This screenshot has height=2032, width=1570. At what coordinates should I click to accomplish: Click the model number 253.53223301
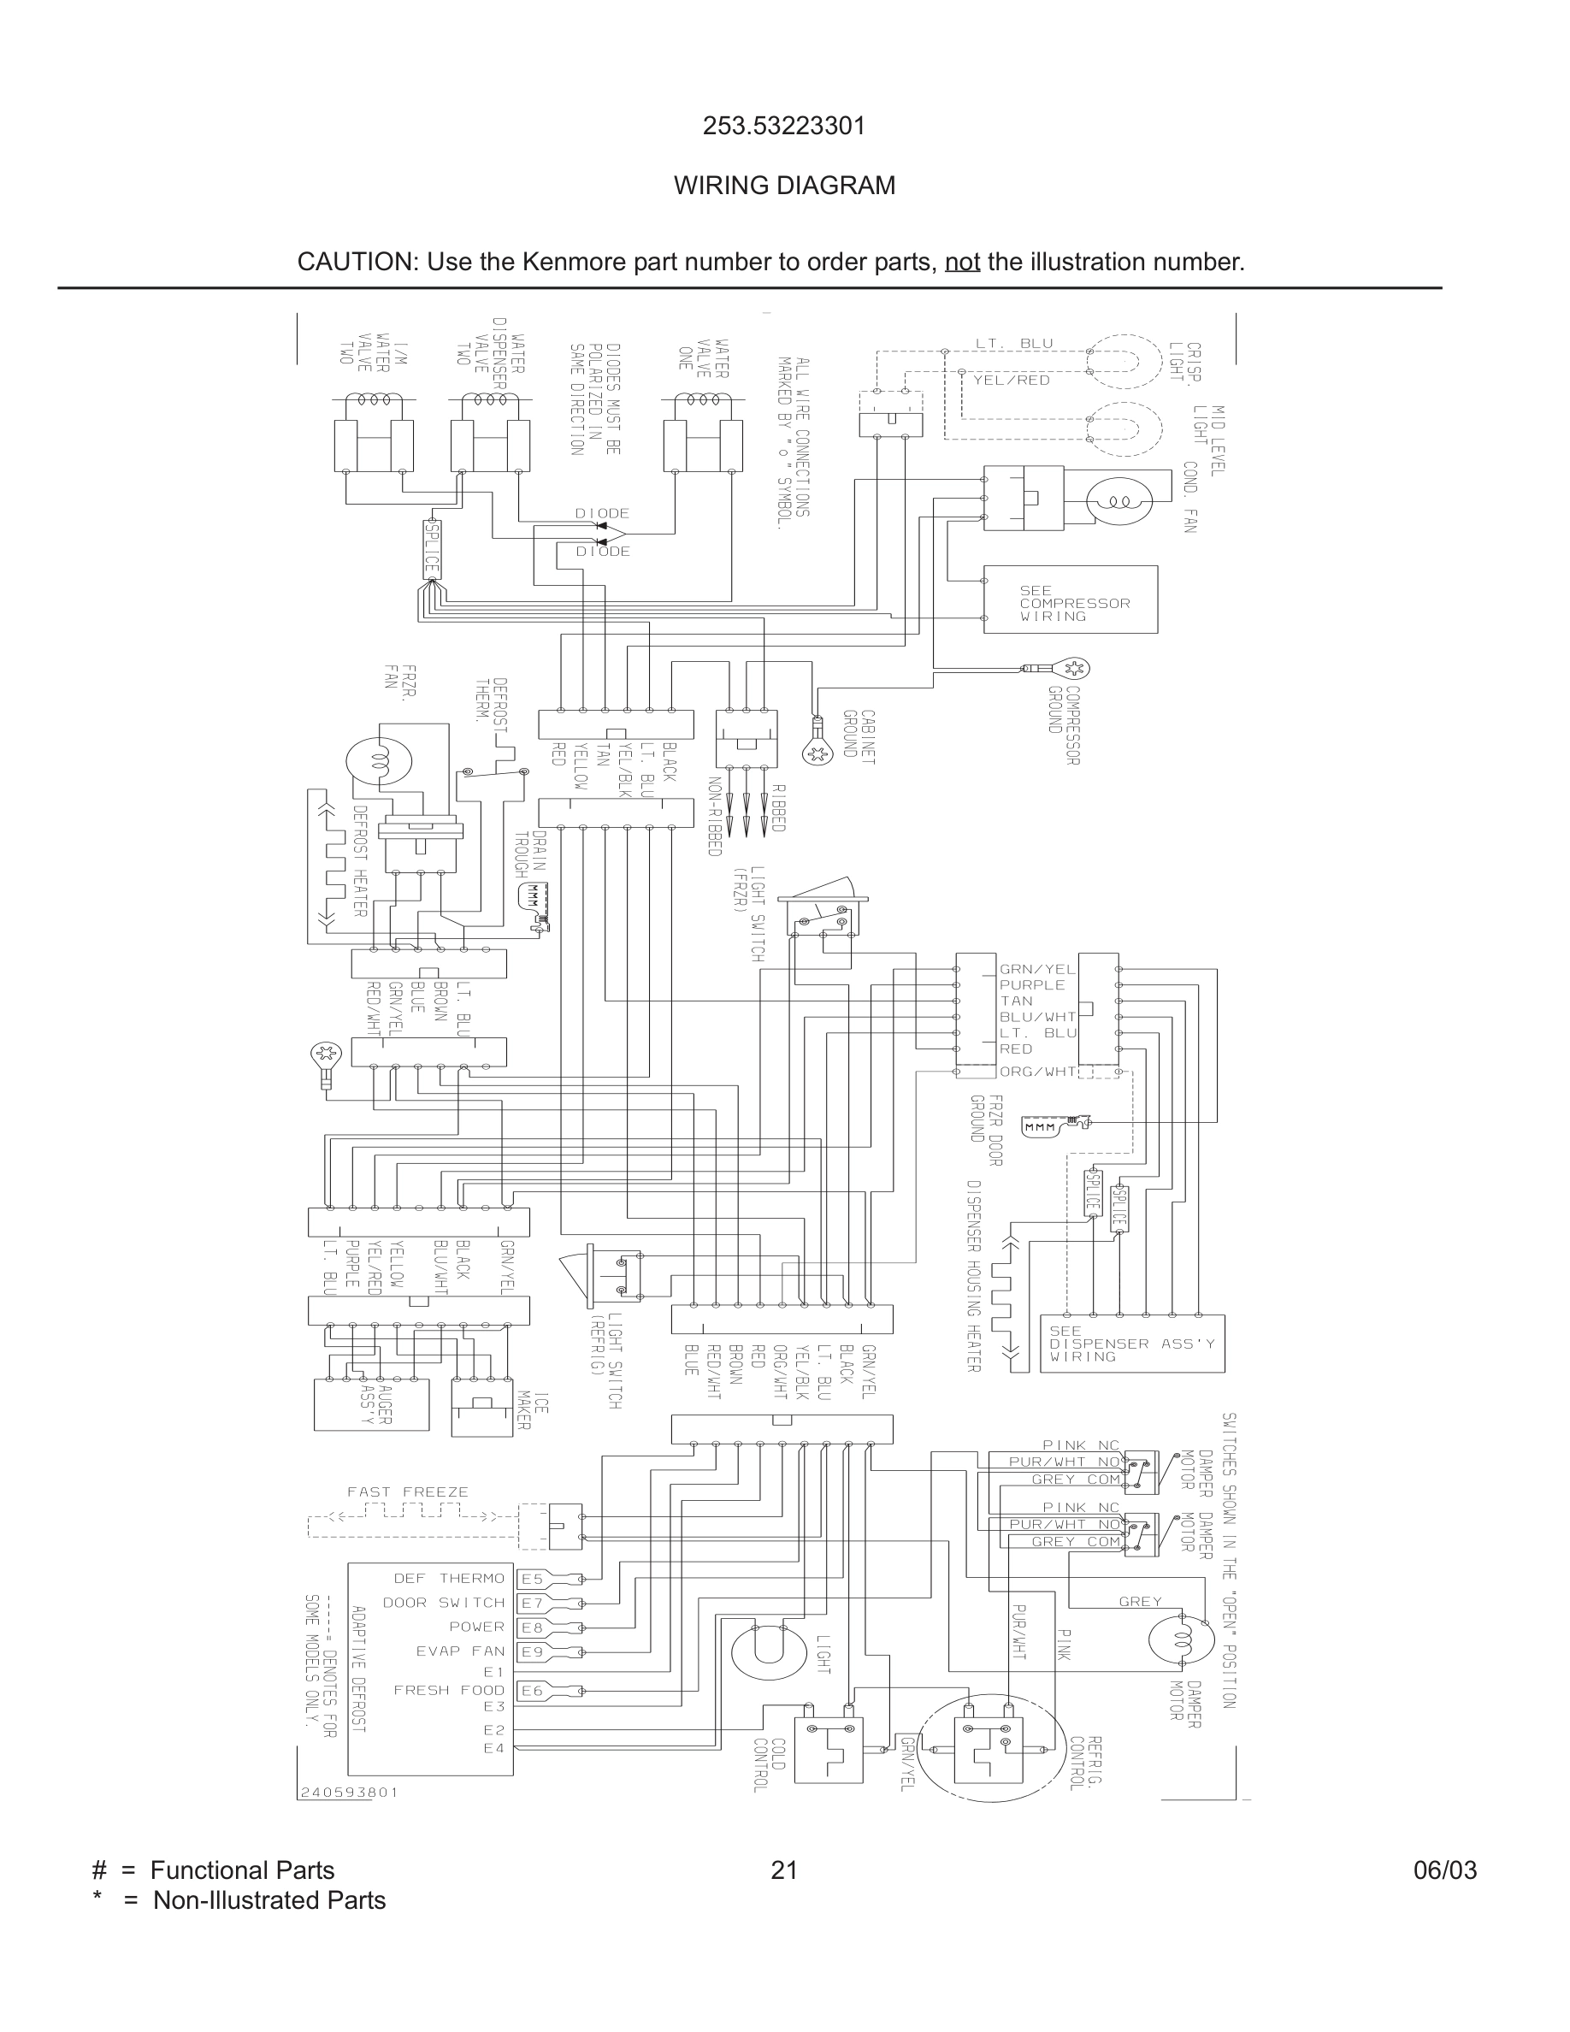coord(784,126)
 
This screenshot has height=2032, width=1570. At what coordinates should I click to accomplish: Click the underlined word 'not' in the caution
coord(962,263)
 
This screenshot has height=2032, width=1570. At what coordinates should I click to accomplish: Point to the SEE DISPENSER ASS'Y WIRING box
coord(1131,1344)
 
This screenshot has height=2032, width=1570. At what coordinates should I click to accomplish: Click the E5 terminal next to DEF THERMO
coord(532,1579)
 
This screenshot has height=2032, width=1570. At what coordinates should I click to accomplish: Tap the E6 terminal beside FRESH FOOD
coord(532,1691)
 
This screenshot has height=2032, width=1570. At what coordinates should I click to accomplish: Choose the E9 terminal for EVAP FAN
coord(532,1651)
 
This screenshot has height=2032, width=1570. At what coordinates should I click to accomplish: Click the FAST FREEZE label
coord(407,1492)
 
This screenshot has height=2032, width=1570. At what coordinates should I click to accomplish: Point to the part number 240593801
coord(349,1792)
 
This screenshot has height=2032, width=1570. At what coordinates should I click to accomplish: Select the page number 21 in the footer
coord(784,1870)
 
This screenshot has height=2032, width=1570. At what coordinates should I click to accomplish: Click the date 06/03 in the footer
coord(1444,1870)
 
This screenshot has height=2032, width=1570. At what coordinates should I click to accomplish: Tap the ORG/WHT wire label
coord(1037,1072)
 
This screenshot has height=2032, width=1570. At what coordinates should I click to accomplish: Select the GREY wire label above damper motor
coord(1140,1601)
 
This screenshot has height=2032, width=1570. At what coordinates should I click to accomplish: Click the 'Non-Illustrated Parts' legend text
coord(269,1900)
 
